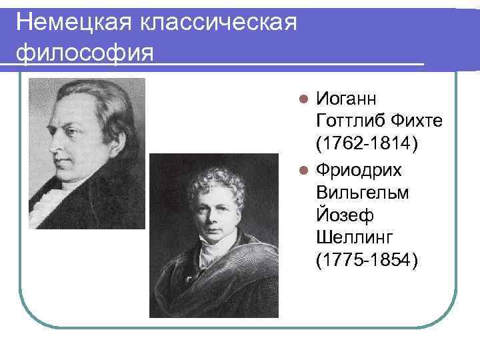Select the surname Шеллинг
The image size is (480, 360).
(x=355, y=238)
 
